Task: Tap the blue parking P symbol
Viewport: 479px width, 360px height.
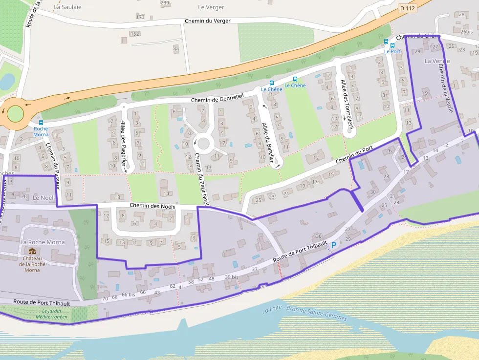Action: (x=334, y=245)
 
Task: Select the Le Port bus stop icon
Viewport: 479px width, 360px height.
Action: (x=386, y=42)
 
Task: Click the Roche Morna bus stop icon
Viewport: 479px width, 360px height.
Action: (x=41, y=123)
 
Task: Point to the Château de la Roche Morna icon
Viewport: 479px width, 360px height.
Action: (x=32, y=252)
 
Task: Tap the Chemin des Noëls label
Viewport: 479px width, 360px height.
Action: (x=152, y=206)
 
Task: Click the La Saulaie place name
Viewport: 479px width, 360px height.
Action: (x=67, y=7)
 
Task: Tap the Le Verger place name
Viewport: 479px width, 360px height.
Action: (x=211, y=7)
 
